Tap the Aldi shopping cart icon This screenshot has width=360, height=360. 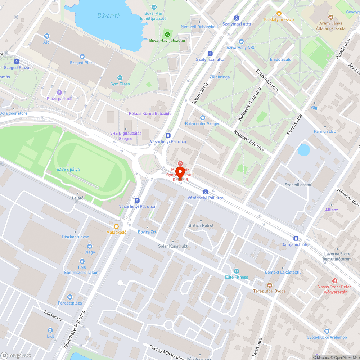coord(47,36)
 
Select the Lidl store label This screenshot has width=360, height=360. coord(50,336)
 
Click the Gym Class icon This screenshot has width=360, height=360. coord(120,78)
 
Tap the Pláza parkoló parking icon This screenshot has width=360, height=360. coord(60,93)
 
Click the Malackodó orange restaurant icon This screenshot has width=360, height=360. coord(116,226)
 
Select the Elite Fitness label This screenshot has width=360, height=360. coord(237,277)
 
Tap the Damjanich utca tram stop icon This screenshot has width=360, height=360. coord(296,238)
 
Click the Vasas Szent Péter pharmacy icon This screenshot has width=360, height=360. coord(335,281)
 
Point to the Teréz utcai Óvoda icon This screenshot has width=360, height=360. coord(269,285)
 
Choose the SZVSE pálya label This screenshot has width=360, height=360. coord(68,170)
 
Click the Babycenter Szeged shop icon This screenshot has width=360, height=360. coord(202,118)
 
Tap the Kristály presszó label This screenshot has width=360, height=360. coord(279,19)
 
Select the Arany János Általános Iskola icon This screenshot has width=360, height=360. coord(330,17)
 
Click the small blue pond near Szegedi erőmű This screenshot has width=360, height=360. coord(303,150)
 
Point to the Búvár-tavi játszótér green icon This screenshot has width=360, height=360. coord(167,35)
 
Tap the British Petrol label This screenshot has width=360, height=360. coord(201,225)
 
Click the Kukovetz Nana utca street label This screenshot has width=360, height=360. coord(249,104)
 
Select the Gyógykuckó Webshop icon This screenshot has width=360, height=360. coord(327,331)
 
